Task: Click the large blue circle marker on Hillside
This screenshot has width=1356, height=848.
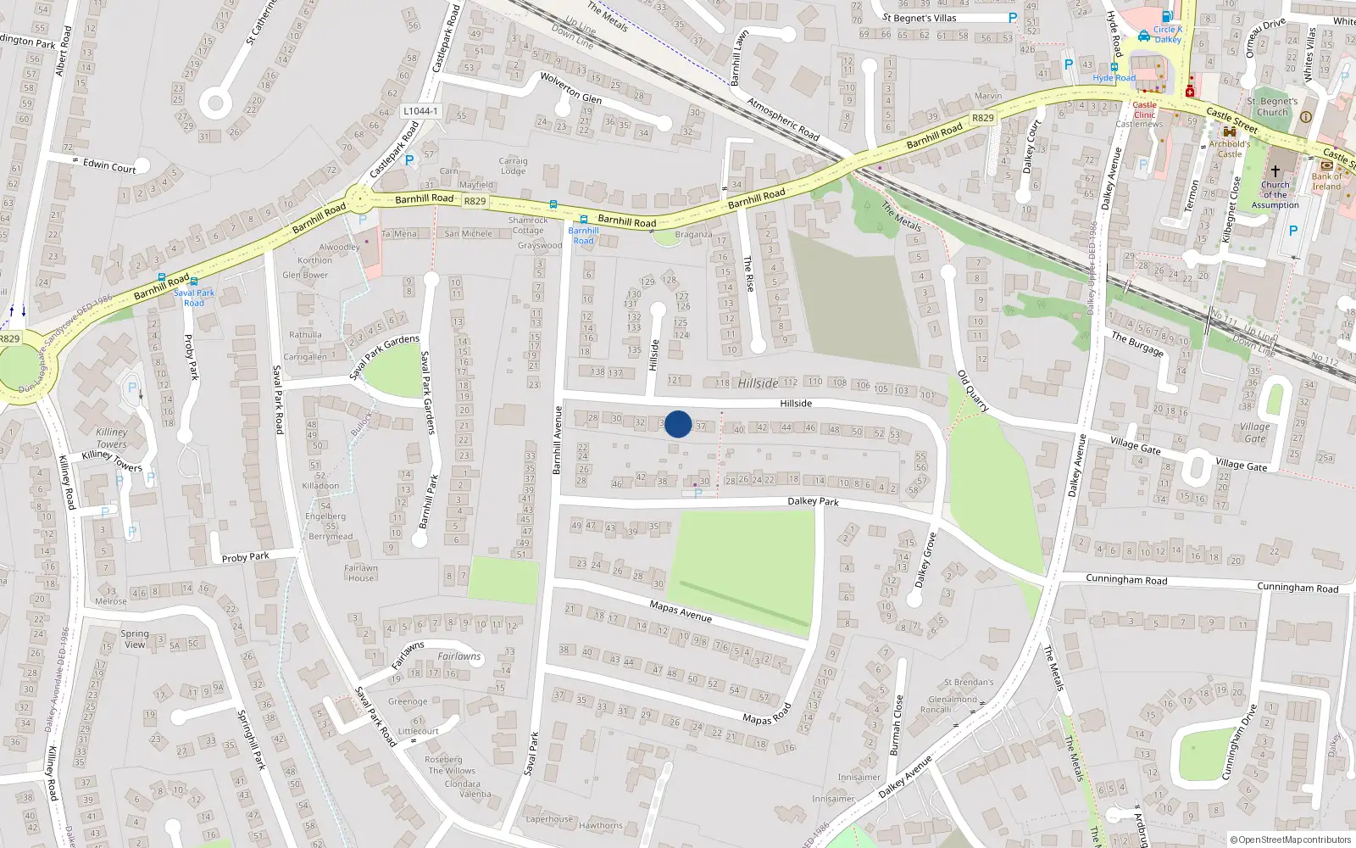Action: pos(678,424)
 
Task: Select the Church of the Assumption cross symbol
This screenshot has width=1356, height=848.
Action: pos(1275,170)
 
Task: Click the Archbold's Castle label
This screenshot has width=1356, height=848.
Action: pos(1229,148)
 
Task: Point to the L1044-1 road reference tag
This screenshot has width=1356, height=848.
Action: pos(420,111)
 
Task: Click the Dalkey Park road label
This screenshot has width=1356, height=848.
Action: pos(813,501)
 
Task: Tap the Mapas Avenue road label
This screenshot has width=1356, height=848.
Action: pos(681,611)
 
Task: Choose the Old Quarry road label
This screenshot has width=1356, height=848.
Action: pos(972,391)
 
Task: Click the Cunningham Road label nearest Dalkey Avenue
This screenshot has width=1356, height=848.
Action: pos(1126,580)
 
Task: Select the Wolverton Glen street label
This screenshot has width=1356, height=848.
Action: pos(570,87)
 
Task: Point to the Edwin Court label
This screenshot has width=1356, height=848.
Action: pos(109,165)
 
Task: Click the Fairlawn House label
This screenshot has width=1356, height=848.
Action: pos(360,573)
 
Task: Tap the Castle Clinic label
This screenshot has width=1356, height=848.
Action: pos(1144,109)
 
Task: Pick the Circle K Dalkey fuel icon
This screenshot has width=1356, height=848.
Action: pos(1167,16)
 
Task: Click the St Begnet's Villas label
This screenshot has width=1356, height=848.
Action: pos(919,18)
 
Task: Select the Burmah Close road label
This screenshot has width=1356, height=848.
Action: pos(897,725)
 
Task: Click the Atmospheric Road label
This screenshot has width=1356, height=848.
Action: pos(783,119)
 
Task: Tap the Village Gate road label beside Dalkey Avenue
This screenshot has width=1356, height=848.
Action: pos(1135,444)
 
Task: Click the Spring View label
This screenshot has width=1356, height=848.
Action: pos(134,639)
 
